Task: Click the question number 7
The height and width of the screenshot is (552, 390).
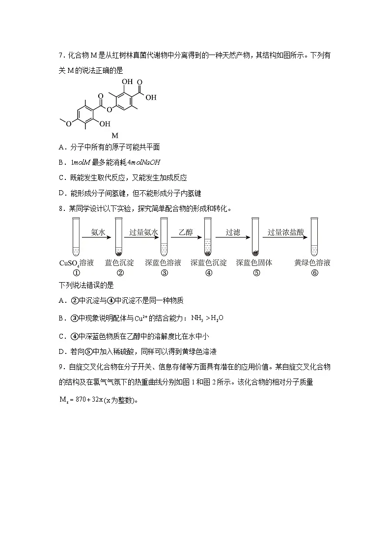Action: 60,55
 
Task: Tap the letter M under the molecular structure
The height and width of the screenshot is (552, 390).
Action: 114,136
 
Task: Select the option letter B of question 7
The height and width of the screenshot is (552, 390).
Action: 61,163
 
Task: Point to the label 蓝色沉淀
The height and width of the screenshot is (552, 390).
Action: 119,262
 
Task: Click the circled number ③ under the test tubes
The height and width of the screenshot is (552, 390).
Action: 164,273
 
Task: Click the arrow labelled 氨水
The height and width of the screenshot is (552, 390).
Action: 96,237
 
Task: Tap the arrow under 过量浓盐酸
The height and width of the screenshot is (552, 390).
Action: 285,237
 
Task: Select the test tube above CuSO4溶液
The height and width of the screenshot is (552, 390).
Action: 76,236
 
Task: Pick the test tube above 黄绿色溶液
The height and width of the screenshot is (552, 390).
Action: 314,236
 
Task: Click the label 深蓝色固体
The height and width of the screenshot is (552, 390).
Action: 254,262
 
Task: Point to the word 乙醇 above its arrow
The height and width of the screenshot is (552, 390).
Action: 186,232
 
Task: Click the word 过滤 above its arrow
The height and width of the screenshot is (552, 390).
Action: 233,232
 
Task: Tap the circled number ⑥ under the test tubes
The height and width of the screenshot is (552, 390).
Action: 314,273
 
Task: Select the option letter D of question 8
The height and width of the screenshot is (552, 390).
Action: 61,351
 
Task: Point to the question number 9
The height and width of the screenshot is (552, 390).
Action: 60,367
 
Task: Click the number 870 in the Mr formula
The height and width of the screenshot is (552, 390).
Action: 81,399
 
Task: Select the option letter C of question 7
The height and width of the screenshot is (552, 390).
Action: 61,178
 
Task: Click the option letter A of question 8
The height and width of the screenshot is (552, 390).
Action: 61,301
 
